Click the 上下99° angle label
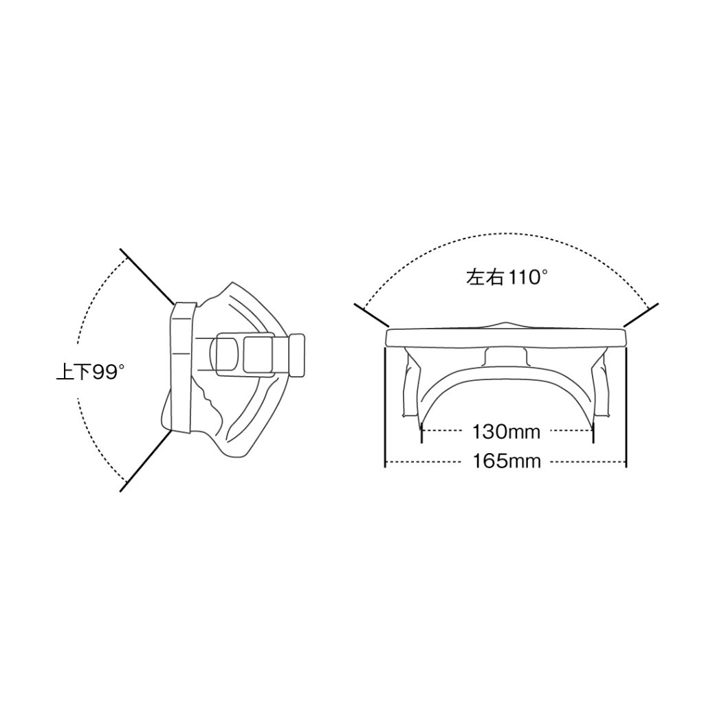(x=90, y=372)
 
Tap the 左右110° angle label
(x=507, y=277)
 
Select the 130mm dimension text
(x=506, y=432)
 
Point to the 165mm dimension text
(x=507, y=461)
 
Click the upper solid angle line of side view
(x=147, y=276)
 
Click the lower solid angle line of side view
(x=146, y=461)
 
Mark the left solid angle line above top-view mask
(x=372, y=315)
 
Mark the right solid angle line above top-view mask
(x=641, y=315)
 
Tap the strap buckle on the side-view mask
(x=245, y=354)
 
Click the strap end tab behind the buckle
(x=297, y=355)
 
